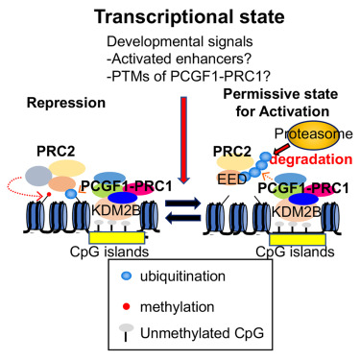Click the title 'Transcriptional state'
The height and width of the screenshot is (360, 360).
coord(180,17)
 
